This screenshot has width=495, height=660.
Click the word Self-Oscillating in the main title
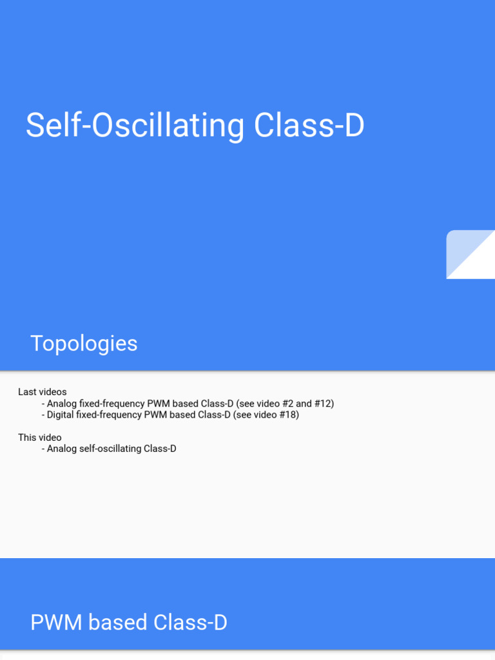[134, 126]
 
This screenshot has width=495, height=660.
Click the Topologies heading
[84, 344]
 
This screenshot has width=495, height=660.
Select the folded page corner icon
[471, 255]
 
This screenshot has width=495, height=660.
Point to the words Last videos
[43, 392]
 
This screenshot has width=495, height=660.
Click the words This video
[40, 438]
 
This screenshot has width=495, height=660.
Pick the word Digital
[60, 415]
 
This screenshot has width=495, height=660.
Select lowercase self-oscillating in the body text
[110, 449]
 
